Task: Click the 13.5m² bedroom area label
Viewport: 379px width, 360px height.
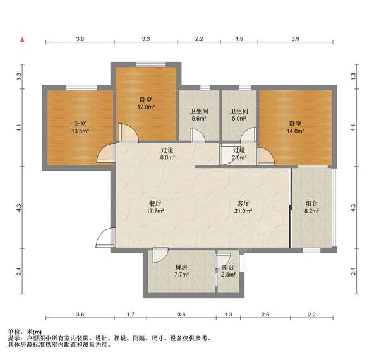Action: (80, 127)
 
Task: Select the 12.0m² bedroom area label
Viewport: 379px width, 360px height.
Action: (147, 103)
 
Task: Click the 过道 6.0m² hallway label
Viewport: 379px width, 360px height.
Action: (167, 154)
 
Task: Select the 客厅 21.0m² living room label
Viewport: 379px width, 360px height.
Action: (243, 207)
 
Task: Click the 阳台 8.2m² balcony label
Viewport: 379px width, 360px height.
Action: (311, 208)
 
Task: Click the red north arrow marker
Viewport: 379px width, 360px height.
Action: (23, 40)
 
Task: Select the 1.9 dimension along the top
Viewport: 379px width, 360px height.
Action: (239, 39)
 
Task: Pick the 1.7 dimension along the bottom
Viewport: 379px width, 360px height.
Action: (130, 314)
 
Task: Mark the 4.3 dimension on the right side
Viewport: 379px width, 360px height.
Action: (354, 207)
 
